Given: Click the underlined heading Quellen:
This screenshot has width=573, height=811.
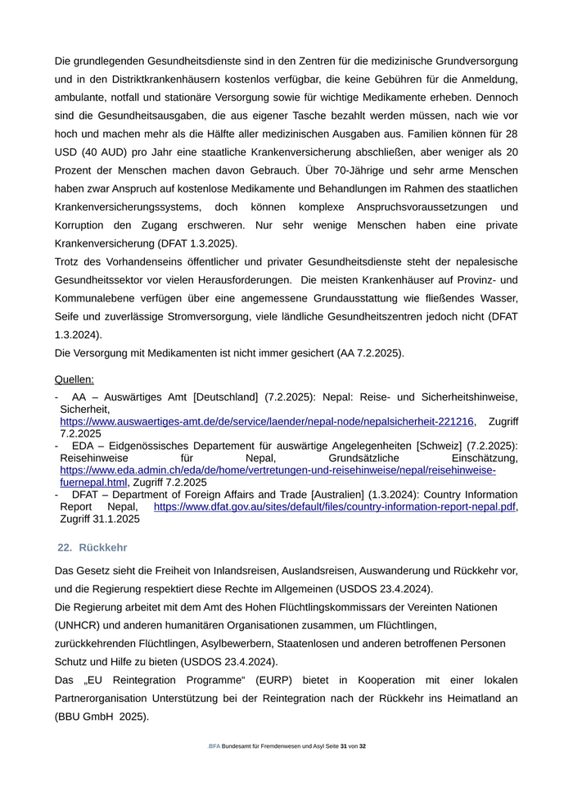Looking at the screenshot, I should coord(74,379).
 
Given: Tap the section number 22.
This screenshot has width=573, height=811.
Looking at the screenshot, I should coord(65,546).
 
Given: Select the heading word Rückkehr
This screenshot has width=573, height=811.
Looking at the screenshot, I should coord(102,546).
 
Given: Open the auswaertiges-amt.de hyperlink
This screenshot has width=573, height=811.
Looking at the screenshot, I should coord(267,421).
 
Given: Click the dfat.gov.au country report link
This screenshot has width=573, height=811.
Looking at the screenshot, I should coord(335,507).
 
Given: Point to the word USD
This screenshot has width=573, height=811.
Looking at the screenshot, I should coord(66,152).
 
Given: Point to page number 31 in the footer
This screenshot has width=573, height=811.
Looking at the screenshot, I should coord(344,747).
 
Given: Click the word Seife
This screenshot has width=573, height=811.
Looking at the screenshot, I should coord(70,316).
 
